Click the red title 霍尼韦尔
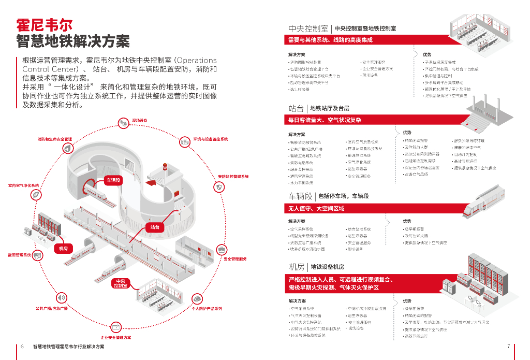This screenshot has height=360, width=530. [45, 24]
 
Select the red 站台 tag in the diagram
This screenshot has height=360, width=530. [155, 227]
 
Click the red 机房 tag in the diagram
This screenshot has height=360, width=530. [64, 249]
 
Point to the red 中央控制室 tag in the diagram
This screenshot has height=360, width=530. [120, 283]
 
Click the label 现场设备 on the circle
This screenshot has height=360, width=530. [140, 121]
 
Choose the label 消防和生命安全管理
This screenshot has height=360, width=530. [54, 139]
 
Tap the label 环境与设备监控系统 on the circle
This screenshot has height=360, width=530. [211, 139]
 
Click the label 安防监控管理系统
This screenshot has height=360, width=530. [233, 177]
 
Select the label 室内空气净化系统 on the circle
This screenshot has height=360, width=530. [23, 185]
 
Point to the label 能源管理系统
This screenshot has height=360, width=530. [19, 255]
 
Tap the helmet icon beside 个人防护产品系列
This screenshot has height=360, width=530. [198, 298]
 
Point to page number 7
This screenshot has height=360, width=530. [509, 346]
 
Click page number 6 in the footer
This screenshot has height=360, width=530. [22, 346]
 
